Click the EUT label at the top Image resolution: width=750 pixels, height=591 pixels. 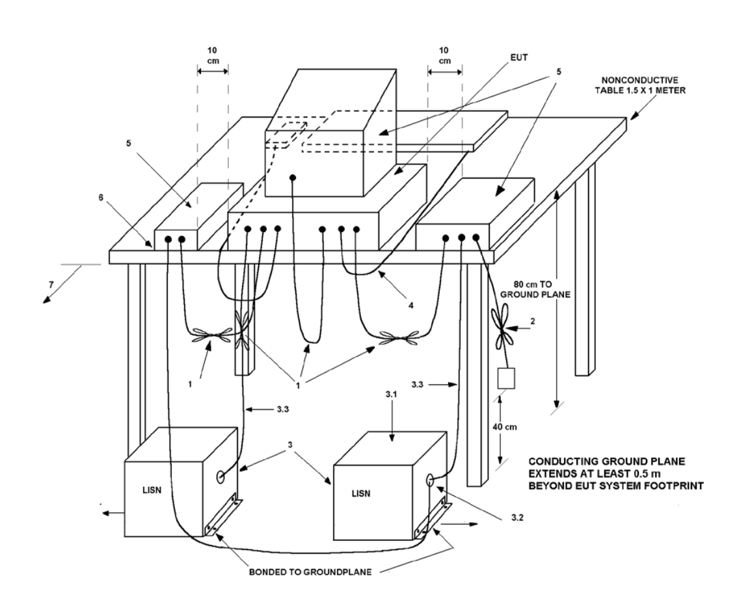coord(519,57)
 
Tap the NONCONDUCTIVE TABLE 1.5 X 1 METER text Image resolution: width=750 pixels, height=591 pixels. coord(640,85)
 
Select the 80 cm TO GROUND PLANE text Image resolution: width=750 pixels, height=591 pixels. coord(535,289)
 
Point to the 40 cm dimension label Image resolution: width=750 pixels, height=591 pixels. coord(505,427)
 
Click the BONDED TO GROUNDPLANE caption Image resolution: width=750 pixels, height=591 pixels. coord(310,572)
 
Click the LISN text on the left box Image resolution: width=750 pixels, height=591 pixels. coord(152,490)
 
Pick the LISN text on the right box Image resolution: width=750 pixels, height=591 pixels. coord(360,493)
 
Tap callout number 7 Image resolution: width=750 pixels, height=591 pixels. coord(51,285)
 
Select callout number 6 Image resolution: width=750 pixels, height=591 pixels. coord(101,197)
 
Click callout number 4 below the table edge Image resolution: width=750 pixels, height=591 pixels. coord(411,304)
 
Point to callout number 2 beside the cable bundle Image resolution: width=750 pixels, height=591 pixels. coord(533,321)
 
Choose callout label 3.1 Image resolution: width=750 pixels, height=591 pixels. coord(391,395)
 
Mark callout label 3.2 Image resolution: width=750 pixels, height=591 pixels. coord(516,518)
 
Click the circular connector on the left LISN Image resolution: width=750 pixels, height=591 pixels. coord(221,477)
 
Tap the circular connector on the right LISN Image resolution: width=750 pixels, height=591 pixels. coord(429,480)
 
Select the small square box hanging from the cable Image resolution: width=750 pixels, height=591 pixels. coord(506,378)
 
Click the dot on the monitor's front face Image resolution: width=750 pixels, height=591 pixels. coord(293,178)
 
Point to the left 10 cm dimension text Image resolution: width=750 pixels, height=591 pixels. coord(212,55)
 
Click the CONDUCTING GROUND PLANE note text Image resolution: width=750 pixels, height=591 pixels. coord(616,474)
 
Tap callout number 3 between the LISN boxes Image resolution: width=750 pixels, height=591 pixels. coord(290,445)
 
